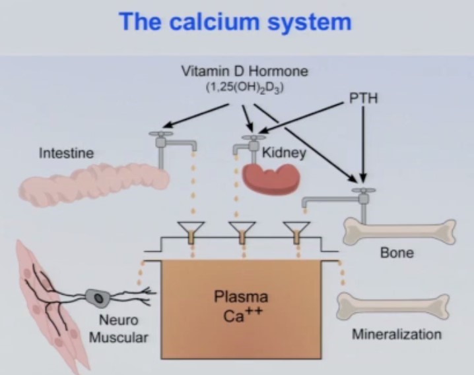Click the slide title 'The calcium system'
pos(234,21)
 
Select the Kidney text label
pos(284,153)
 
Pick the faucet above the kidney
pos(247,144)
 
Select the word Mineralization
pos(396,334)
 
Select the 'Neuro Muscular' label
pos(119,330)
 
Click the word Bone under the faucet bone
pos(397,253)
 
